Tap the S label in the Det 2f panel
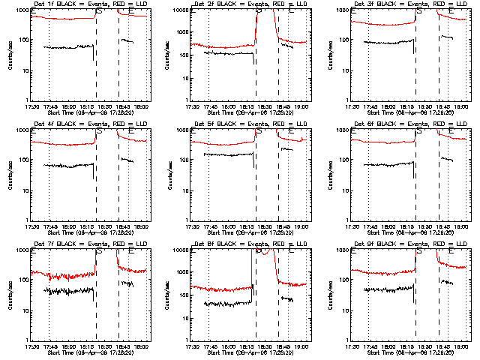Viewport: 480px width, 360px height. (x=259, y=11)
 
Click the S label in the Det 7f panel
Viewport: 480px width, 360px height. (x=98, y=251)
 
